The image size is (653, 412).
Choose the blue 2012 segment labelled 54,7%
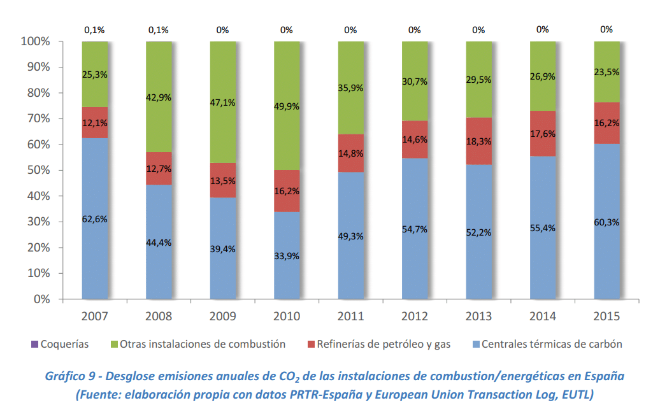(415, 261)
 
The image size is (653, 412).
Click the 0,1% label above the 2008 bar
(159, 29)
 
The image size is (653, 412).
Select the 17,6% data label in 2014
(543, 134)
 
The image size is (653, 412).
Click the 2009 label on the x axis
(222, 316)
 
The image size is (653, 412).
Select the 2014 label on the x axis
(543, 316)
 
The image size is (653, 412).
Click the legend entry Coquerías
(64, 345)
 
